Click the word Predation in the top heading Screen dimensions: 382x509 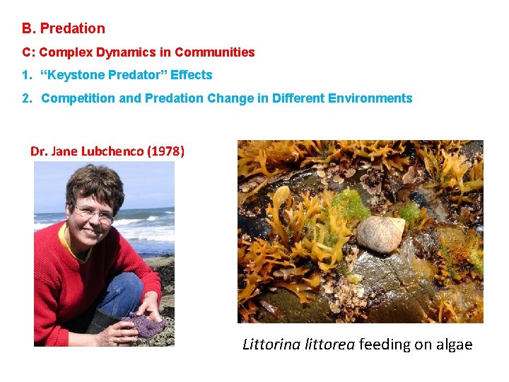point(72,29)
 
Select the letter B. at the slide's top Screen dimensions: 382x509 point(28,29)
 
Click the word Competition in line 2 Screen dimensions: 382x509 point(78,98)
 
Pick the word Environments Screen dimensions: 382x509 point(370,98)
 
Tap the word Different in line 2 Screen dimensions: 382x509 point(291,98)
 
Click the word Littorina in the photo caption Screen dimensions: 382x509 point(268,345)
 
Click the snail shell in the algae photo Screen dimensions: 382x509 point(381,234)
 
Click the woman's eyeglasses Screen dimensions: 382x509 point(93,212)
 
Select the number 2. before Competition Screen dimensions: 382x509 point(27,98)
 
